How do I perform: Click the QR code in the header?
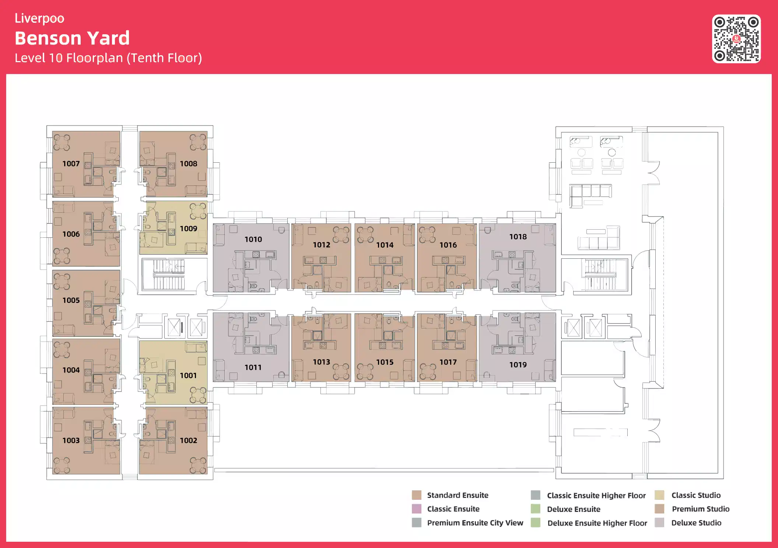[736, 39]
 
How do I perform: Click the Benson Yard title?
[72, 38]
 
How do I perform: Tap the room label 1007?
[71, 163]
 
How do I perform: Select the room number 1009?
[189, 229]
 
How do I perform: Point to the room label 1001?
[188, 375]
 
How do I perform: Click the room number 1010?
[253, 239]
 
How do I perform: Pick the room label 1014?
[385, 245]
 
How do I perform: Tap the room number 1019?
[518, 365]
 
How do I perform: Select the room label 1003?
[71, 440]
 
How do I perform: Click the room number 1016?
[448, 245]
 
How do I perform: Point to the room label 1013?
[322, 362]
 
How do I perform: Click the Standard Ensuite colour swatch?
[417, 495]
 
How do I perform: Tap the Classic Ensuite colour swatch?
[417, 509]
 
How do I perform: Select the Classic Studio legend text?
[696, 495]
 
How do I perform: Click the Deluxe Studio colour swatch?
[659, 523]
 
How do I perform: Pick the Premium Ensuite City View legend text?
[475, 523]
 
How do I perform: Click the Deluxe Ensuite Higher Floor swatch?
[536, 523]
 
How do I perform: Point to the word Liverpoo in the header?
[39, 18]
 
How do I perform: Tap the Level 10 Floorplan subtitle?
[108, 58]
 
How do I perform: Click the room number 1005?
[71, 300]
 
